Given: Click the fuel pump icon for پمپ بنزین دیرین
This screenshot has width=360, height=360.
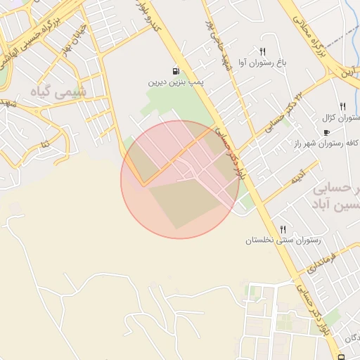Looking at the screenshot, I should (174, 70).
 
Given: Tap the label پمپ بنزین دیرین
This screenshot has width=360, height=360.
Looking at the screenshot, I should (174, 82).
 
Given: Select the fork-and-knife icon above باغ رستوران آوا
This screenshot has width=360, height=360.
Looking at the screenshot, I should (262, 51).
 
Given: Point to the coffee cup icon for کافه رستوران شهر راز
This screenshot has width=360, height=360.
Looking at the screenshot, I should (326, 132).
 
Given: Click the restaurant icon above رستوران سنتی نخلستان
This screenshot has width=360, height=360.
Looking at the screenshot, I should (283, 229).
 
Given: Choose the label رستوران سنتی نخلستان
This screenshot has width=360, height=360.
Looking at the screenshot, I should (283, 240).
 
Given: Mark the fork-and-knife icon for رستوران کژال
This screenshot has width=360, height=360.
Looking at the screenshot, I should (343, 105).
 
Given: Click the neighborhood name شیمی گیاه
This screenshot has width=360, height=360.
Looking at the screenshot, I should (63, 91).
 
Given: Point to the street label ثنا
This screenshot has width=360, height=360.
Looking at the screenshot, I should (45, 144).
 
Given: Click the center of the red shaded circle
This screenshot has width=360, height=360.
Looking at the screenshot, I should (180, 179).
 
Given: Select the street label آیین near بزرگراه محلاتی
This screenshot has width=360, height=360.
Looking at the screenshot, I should (348, 70).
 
